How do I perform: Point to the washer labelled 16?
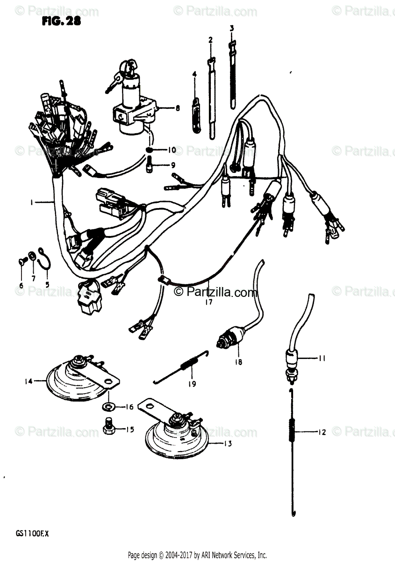pyautogui.click(x=109, y=405)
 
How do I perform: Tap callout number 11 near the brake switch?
pyautogui.click(x=322, y=359)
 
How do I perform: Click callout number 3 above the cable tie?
pyautogui.click(x=231, y=29)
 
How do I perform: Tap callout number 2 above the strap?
pyautogui.click(x=210, y=40)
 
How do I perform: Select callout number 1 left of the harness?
pyautogui.click(x=31, y=202)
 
